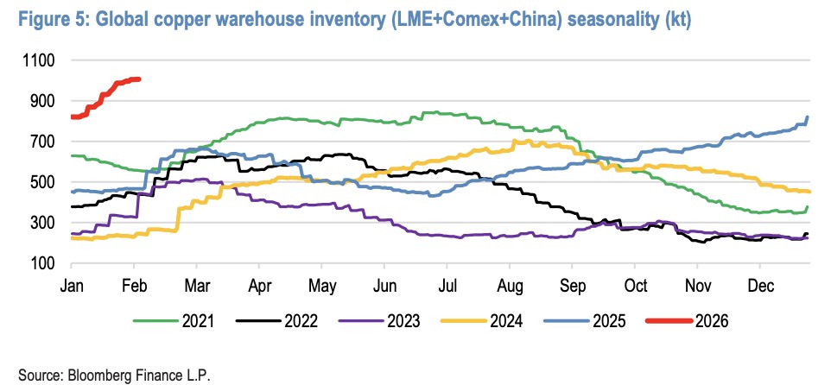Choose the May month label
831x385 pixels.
pyautogui.click(x=323, y=285)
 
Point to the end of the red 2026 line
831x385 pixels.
pyautogui.click(x=139, y=79)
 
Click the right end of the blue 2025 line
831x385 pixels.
pyautogui.click(x=808, y=117)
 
